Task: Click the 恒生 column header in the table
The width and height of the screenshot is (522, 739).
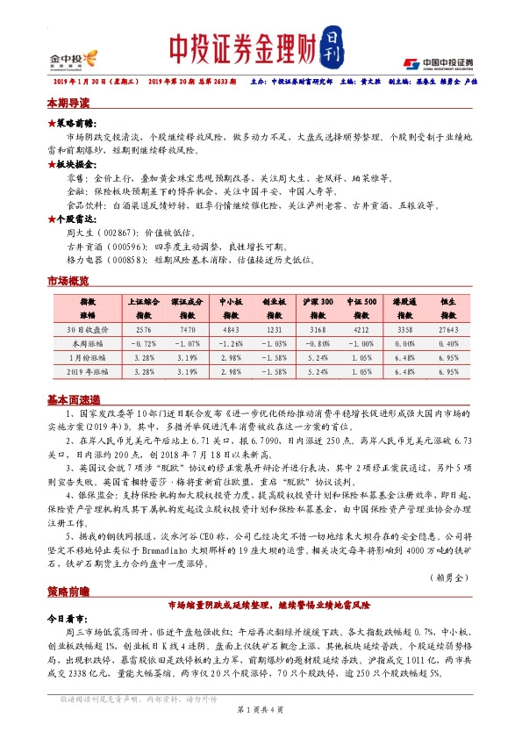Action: tap(447, 307)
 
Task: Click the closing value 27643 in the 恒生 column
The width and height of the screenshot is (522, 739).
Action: tap(447, 329)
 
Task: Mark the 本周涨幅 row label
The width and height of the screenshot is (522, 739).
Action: tap(88, 343)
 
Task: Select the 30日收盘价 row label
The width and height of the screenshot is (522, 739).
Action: tap(88, 329)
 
